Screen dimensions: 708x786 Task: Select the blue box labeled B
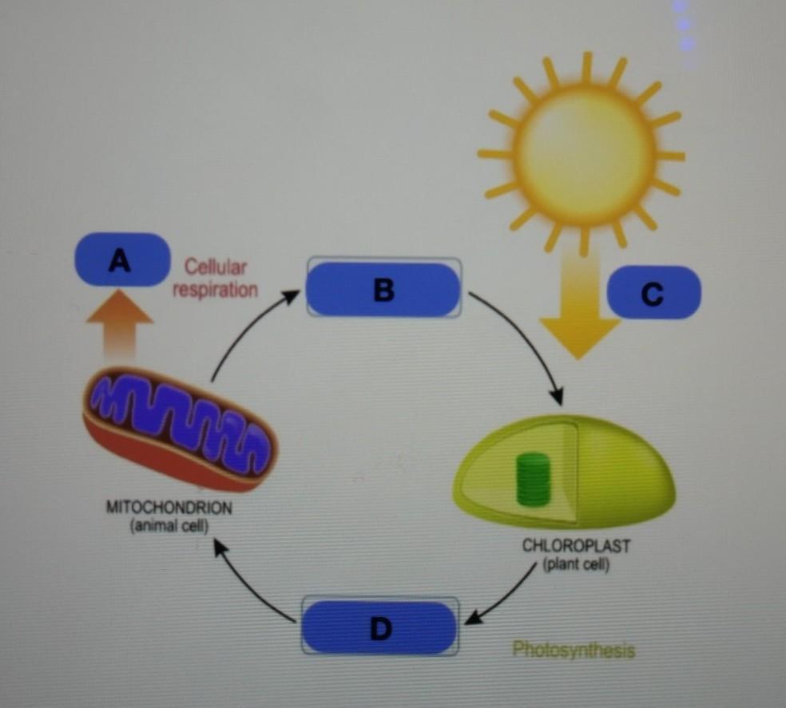pyautogui.click(x=383, y=290)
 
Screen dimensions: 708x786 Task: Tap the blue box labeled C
pyautogui.click(x=653, y=292)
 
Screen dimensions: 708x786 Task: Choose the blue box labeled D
pyautogui.click(x=380, y=627)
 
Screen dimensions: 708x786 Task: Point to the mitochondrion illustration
pyautogui.click(x=181, y=428)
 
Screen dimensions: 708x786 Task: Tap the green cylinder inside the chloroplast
pyautogui.click(x=534, y=479)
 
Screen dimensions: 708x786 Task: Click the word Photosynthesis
pyautogui.click(x=574, y=650)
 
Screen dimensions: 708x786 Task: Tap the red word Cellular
pyautogui.click(x=216, y=266)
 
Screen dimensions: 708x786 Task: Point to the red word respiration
pyautogui.click(x=216, y=289)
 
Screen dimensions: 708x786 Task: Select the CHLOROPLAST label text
pyautogui.click(x=576, y=548)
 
